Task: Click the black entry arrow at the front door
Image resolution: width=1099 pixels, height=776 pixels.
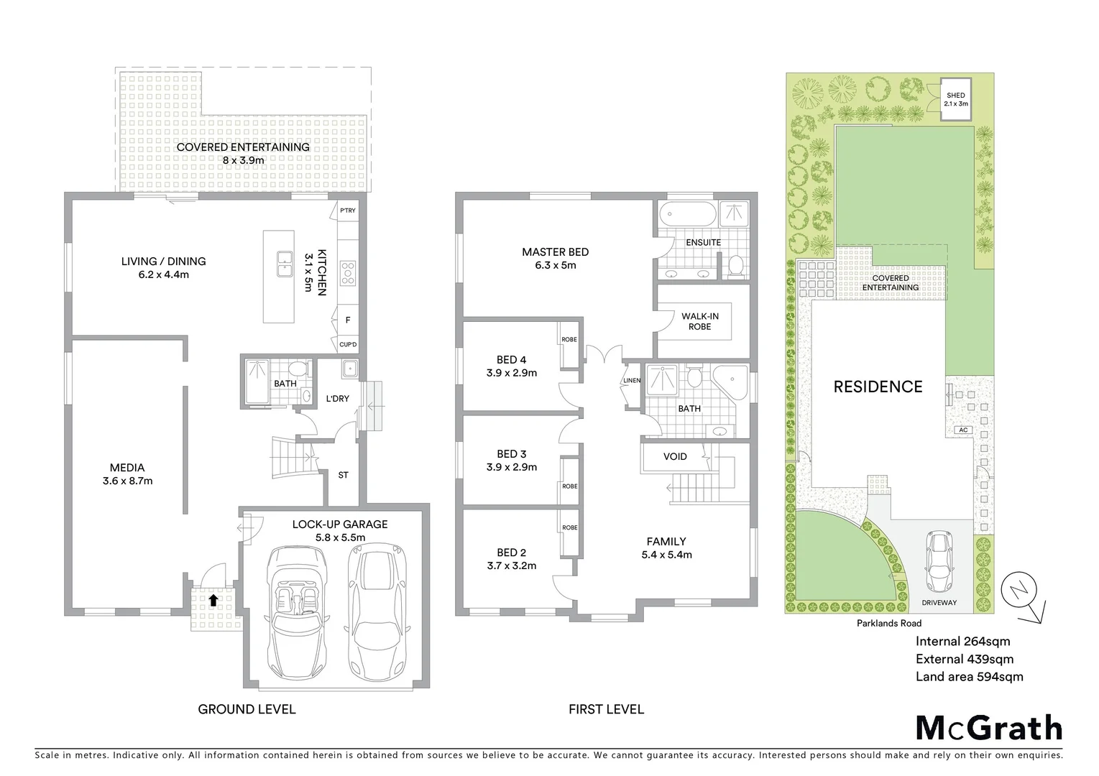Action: [x=213, y=599]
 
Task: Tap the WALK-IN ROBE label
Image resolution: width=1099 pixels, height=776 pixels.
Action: [x=699, y=321]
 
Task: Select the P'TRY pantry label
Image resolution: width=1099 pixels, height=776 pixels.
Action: [x=348, y=211]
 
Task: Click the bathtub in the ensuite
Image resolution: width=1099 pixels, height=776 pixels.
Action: [x=688, y=213]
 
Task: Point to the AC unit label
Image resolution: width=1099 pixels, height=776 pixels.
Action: [x=963, y=430]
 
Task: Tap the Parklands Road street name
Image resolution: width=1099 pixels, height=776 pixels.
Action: [x=888, y=623]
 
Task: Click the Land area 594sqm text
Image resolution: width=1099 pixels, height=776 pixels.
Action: [x=969, y=676]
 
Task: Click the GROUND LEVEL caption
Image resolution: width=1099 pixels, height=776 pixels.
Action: [x=247, y=709]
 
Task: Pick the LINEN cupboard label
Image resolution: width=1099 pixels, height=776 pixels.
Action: [x=632, y=381]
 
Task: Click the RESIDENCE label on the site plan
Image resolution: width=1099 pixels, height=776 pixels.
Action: [x=878, y=387]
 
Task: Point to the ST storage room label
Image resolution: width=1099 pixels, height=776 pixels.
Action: [x=343, y=475]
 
